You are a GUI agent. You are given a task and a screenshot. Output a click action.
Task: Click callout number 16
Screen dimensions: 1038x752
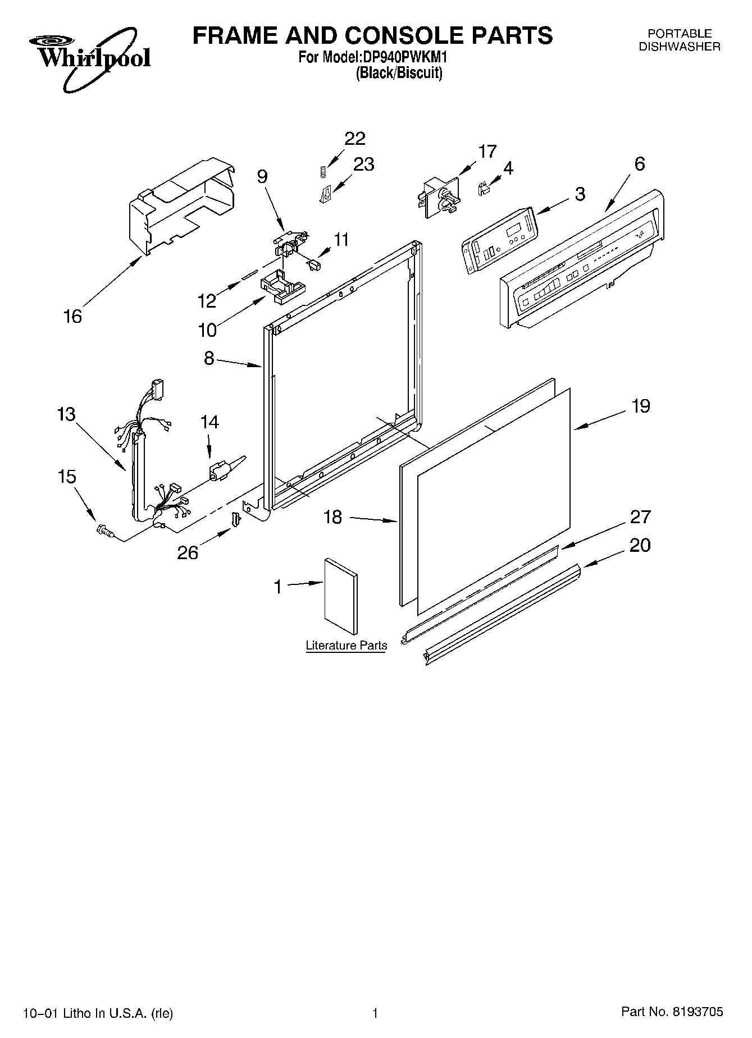click(73, 317)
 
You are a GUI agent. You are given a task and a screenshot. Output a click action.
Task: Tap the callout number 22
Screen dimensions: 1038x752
click(355, 139)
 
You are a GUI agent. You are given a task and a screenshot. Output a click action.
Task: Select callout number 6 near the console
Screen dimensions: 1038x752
click(640, 164)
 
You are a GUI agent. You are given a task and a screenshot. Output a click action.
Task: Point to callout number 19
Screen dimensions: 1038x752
click(641, 406)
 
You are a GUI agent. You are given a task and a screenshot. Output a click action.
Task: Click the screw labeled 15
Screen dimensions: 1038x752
click(103, 529)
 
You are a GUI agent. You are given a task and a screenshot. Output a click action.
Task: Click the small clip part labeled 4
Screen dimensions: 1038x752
click(482, 190)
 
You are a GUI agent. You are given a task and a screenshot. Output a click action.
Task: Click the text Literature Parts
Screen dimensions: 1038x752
click(347, 646)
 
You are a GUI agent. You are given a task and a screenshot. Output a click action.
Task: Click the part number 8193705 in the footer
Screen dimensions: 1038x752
click(698, 1013)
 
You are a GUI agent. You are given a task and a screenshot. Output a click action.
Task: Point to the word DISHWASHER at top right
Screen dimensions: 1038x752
click(680, 47)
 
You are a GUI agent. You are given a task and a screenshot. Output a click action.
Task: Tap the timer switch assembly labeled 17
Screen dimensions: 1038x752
click(439, 198)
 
